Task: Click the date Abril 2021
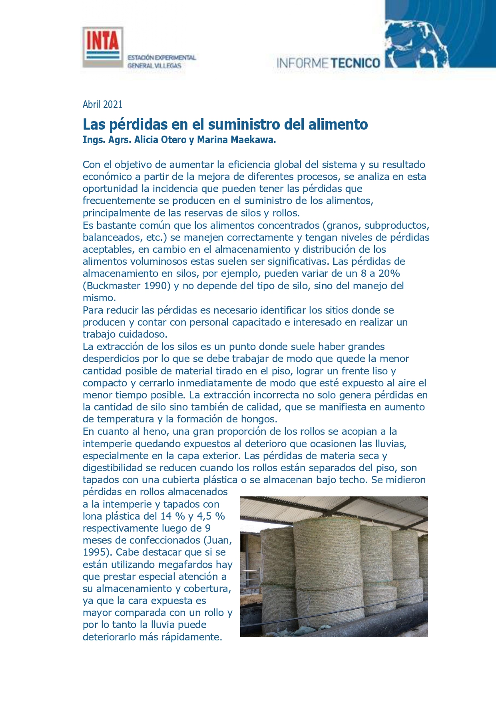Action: tap(102, 104)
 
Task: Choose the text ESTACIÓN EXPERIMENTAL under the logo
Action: tap(161, 58)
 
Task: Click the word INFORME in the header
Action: tap(303, 63)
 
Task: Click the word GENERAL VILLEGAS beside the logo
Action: tap(154, 66)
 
